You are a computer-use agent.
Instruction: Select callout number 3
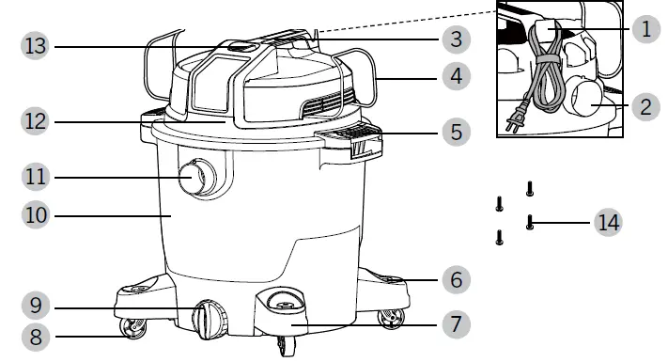point(455,39)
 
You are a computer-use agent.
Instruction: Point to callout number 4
point(455,76)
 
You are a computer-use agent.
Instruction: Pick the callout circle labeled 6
point(455,279)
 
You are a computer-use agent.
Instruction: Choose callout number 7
point(455,325)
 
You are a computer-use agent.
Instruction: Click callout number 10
point(36,215)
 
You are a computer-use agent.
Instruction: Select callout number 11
point(36,176)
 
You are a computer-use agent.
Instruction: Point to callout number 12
point(36,120)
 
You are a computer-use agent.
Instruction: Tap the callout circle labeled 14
point(607,223)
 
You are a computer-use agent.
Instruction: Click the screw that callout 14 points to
point(531,223)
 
